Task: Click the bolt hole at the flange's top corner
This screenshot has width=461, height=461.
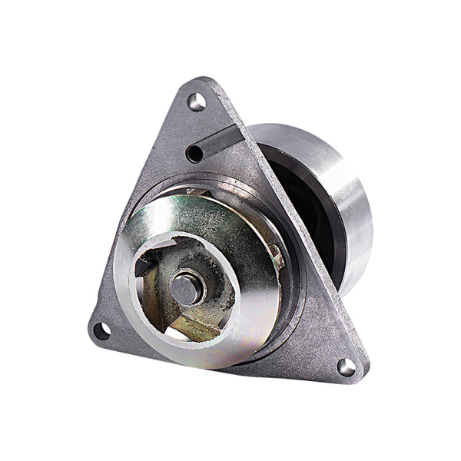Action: [x=196, y=101]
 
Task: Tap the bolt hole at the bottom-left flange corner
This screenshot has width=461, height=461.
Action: [x=101, y=331]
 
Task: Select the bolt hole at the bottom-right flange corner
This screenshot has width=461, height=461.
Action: [x=347, y=367]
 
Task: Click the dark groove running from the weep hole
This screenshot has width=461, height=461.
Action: [x=217, y=141]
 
